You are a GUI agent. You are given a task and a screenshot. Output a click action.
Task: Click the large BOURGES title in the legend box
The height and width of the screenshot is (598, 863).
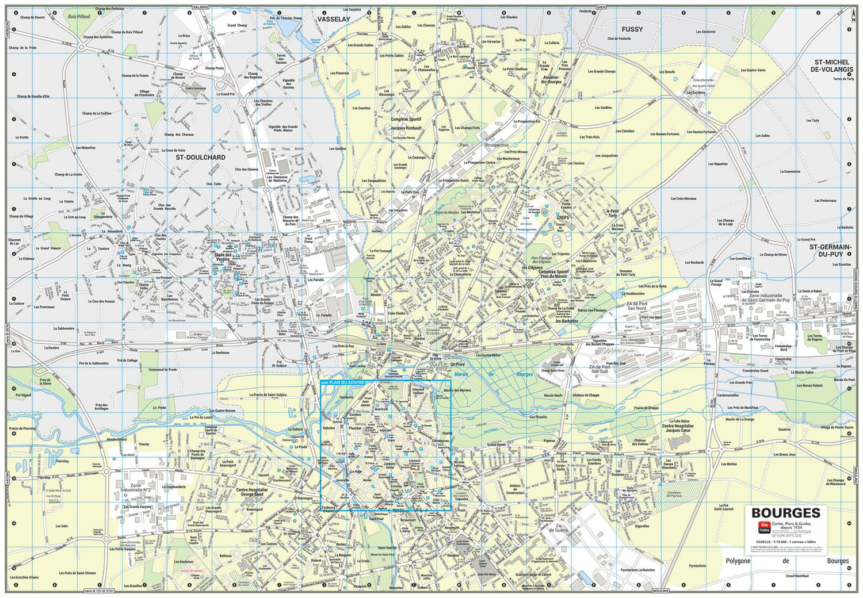[x=785, y=513]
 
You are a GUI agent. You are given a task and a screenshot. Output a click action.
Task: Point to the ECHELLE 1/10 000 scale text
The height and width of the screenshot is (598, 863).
[x=786, y=541]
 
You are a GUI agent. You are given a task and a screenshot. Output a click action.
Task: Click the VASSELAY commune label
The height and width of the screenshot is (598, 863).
[x=334, y=19]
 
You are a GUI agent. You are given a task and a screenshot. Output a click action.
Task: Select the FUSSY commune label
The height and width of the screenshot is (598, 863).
[x=632, y=29]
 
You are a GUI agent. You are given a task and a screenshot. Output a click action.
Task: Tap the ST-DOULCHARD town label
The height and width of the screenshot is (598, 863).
[x=200, y=157]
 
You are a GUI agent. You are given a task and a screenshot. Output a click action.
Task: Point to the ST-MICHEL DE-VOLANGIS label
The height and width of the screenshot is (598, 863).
[x=832, y=66]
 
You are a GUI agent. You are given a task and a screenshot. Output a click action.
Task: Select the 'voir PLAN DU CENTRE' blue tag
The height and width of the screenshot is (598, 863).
[x=342, y=382]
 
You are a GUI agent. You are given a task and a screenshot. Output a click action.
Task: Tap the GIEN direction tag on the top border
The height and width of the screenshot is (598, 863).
[x=601, y=7]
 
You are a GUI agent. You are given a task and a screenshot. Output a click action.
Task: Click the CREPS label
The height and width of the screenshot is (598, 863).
[x=563, y=217]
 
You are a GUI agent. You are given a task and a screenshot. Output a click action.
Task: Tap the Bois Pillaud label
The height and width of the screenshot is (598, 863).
[x=79, y=17]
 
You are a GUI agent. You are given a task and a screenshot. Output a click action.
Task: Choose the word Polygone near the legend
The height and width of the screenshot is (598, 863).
[x=738, y=561]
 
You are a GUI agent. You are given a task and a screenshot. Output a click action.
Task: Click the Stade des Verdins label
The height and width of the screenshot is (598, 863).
[x=222, y=256]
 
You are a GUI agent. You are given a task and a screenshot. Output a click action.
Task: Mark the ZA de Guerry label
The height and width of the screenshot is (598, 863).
[x=561, y=528]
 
